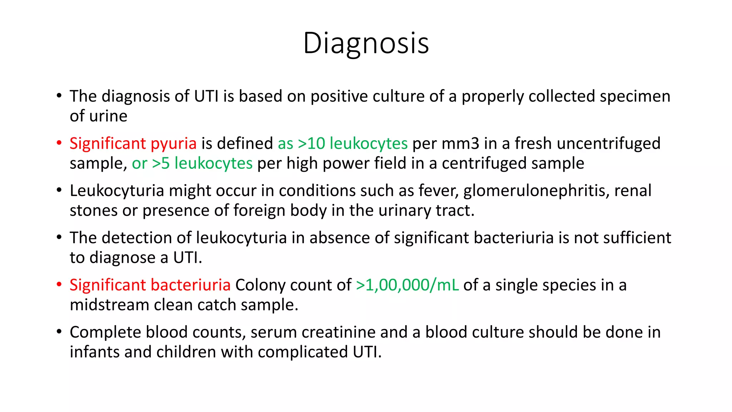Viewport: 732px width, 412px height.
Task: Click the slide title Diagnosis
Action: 366,43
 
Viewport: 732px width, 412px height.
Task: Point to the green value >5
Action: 161,163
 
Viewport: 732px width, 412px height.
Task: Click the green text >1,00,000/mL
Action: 407,285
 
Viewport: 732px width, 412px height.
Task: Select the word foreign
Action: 259,211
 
